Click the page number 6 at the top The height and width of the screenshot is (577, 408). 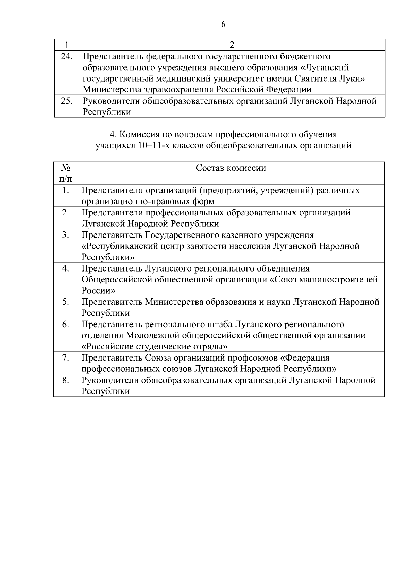[x=223, y=24]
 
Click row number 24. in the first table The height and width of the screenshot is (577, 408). [x=66, y=56]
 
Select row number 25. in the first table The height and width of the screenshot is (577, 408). [x=66, y=101]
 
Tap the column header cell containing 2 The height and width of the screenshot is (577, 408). [x=232, y=45]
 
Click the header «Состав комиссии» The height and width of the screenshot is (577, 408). [x=231, y=168]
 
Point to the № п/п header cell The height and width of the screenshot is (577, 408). [x=66, y=173]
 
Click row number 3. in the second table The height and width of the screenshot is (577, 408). [x=66, y=235]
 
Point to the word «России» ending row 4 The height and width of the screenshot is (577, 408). [x=98, y=291]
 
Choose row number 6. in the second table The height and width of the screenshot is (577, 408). [x=66, y=324]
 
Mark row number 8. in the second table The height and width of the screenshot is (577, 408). [x=66, y=380]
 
